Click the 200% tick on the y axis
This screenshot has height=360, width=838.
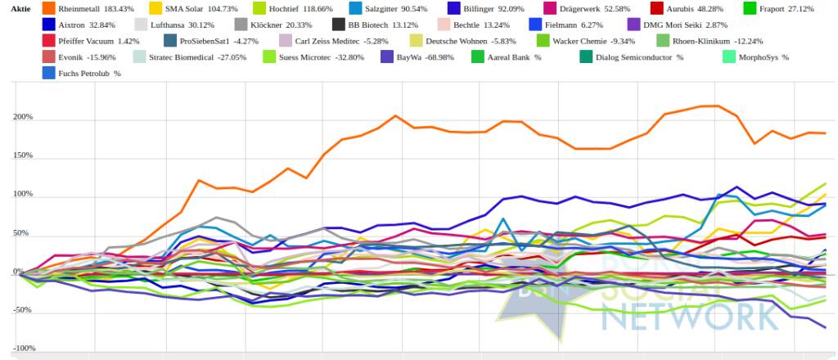pyautogui.click(x=22, y=117)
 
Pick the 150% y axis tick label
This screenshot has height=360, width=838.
pyautogui.click(x=22, y=155)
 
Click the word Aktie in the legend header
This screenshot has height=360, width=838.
pyautogui.click(x=20, y=8)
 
